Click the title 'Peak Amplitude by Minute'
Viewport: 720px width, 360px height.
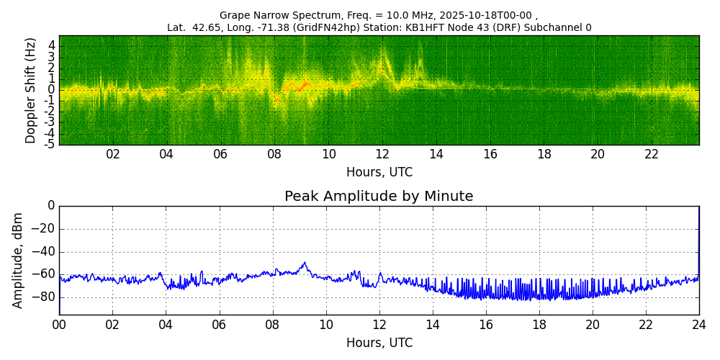(379, 197)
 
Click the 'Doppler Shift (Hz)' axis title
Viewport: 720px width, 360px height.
(31, 90)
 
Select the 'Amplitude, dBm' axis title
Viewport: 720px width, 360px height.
(19, 260)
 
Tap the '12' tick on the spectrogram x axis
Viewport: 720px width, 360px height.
(382, 154)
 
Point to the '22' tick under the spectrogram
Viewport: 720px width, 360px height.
(652, 154)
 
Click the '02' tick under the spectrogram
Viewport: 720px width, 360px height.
(113, 154)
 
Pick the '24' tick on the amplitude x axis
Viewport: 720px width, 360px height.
(698, 325)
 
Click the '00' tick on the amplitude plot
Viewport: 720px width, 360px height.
(59, 325)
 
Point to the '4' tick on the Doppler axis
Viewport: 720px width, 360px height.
(52, 45)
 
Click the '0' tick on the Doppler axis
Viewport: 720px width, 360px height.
(52, 90)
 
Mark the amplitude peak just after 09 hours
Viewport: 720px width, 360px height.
(305, 263)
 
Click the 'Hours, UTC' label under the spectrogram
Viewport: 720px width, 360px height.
(379, 173)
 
